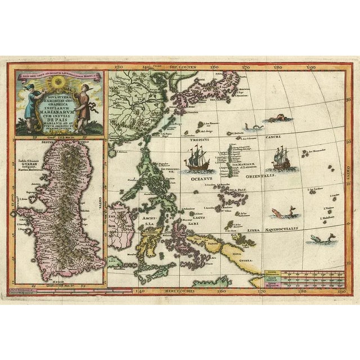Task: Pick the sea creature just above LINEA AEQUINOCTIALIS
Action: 276,213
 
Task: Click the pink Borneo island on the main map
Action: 123,219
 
